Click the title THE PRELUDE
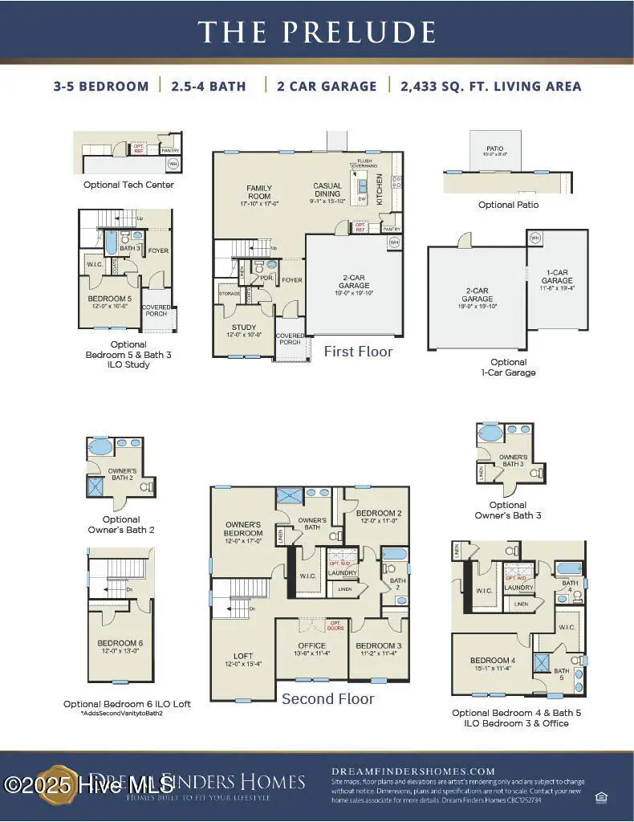tap(317, 31)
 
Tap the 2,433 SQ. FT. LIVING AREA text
tap(490, 87)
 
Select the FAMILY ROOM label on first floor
tap(258, 193)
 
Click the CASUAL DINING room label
tap(327, 189)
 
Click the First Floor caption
tap(358, 352)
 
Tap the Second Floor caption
tap(327, 699)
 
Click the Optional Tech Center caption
tap(128, 185)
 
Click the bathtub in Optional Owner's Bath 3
tap(491, 433)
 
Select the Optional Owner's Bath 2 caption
tap(121, 524)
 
